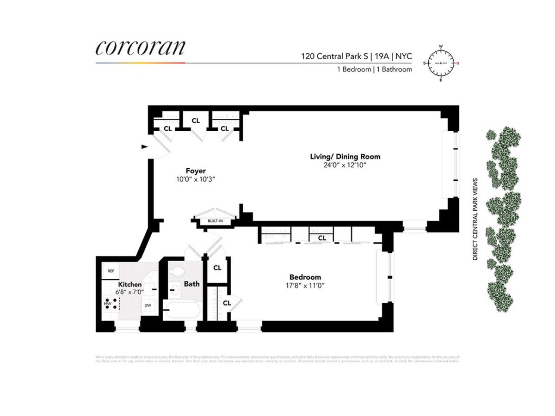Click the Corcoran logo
[x=141, y=48]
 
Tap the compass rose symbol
[x=441, y=63]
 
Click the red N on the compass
[x=458, y=63]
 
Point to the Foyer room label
[x=196, y=171]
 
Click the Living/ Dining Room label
[x=345, y=156]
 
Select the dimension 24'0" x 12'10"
[x=345, y=165]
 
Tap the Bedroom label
[x=303, y=277]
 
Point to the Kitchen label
[x=129, y=284]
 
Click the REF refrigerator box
[x=111, y=271]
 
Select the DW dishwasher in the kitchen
[x=148, y=306]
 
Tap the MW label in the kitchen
[x=107, y=304]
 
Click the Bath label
[x=191, y=283]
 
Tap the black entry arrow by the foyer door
[x=144, y=147]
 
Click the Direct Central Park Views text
[x=475, y=220]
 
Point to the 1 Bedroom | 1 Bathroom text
[x=374, y=69]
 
